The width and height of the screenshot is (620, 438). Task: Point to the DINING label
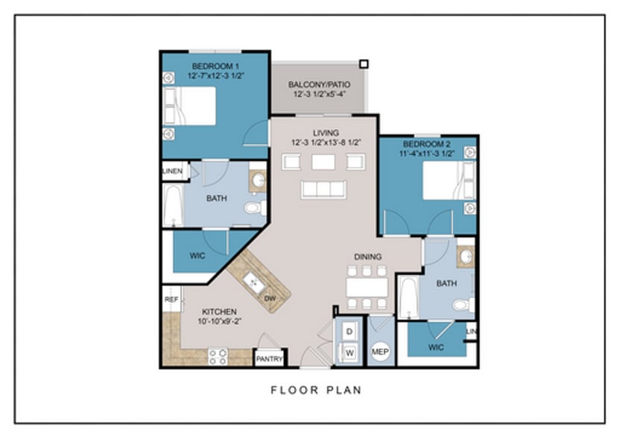[x=367, y=257]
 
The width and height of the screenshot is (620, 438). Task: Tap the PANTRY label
[x=270, y=359]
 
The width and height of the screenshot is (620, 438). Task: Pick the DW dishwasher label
[x=270, y=299]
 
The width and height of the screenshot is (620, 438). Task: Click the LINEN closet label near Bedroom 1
[x=172, y=172]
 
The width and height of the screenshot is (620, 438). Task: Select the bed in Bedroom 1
[x=191, y=106]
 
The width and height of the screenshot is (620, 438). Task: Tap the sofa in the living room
[x=323, y=189]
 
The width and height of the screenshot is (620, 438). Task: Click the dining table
[x=367, y=288]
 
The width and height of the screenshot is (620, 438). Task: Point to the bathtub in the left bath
[x=174, y=206]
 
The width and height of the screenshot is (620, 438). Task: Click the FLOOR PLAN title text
[x=316, y=390]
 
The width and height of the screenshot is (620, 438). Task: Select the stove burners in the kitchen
[x=218, y=357]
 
